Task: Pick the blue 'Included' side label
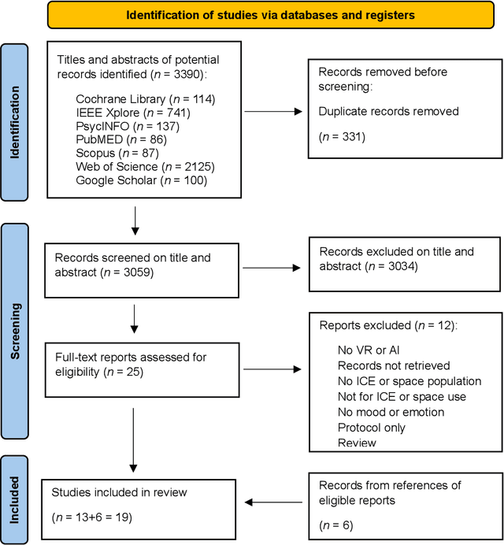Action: (x=14, y=500)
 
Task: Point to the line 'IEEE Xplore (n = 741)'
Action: (x=133, y=113)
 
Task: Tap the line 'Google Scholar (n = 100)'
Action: (x=141, y=180)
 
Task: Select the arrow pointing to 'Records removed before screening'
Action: (x=272, y=111)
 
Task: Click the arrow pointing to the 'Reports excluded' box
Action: (x=272, y=368)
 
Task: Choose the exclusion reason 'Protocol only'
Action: (x=372, y=428)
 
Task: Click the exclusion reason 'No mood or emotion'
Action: (x=391, y=412)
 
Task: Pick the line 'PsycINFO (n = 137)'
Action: (x=126, y=126)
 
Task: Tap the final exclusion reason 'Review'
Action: (x=356, y=443)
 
